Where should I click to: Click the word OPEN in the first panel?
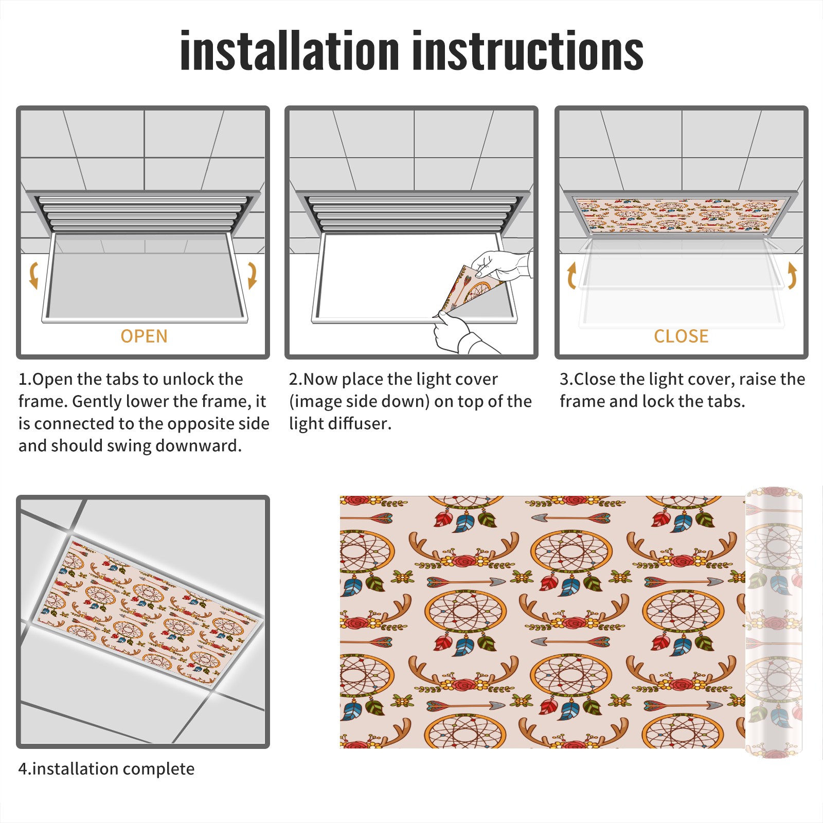point(144,336)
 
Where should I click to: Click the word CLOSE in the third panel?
point(681,336)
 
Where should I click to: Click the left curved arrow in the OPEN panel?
point(33,275)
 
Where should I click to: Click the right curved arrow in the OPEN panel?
point(252,275)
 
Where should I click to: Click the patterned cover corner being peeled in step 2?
point(469,291)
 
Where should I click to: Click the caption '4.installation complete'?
point(106,769)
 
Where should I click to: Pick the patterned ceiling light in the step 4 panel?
point(147,613)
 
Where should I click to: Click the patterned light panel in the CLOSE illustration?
point(682,215)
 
